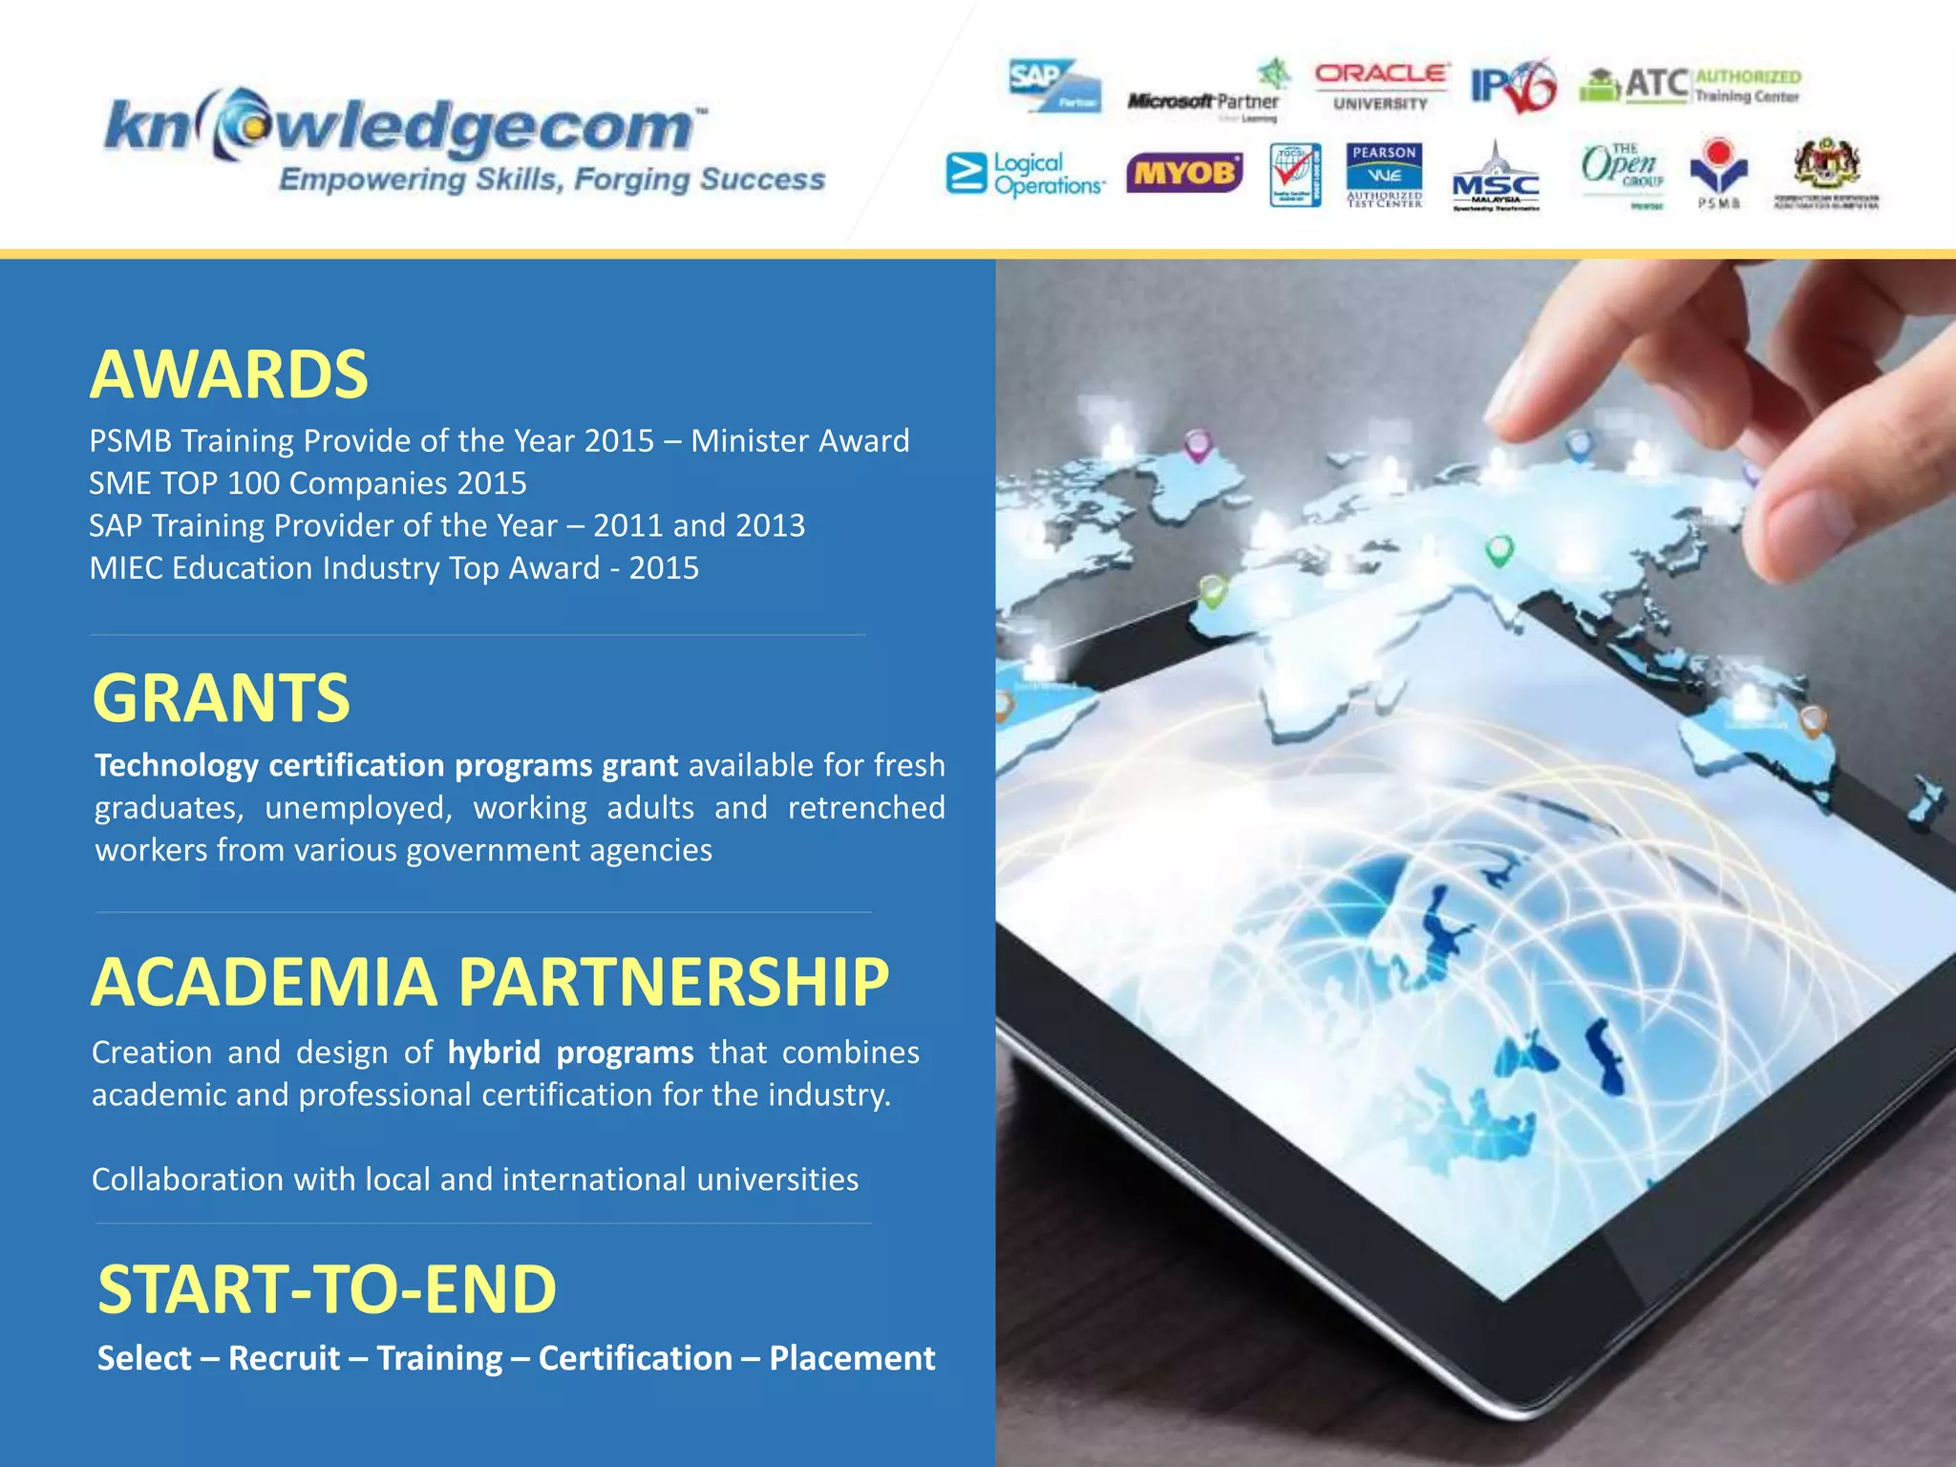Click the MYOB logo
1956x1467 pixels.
[1184, 174]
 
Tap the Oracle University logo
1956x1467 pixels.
[1381, 87]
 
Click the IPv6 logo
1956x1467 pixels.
[1512, 87]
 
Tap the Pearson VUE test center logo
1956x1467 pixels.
[1384, 174]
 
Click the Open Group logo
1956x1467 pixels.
[1623, 172]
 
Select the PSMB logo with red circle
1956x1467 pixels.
[1718, 170]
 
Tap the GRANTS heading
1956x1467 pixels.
[222, 697]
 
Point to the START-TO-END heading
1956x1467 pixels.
[327, 1289]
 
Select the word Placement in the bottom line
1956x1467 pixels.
[852, 1358]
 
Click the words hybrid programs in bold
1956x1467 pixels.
[570, 1052]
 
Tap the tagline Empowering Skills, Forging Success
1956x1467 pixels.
[551, 180]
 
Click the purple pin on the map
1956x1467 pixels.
[1197, 444]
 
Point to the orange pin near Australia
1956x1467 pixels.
[1812, 719]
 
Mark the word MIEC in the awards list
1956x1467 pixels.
[125, 568]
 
